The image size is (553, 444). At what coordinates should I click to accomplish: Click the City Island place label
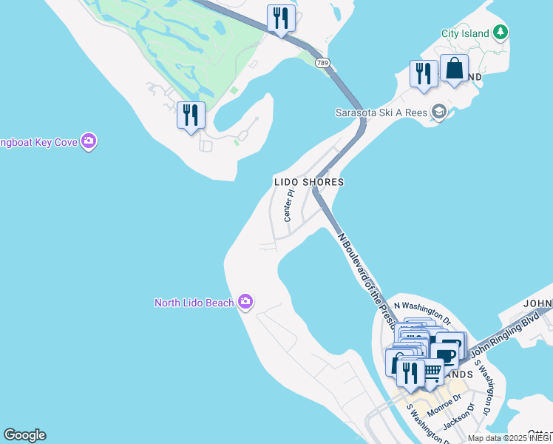pyautogui.click(x=465, y=33)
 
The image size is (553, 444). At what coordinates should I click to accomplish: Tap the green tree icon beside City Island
pyautogui.click(x=501, y=32)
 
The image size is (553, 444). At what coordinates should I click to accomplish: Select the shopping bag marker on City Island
pyautogui.click(x=454, y=70)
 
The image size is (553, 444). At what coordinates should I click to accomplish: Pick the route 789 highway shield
pyautogui.click(x=322, y=63)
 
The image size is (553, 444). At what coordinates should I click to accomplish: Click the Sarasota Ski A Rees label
pyautogui.click(x=381, y=112)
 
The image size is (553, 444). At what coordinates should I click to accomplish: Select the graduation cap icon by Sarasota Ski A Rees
pyautogui.click(x=440, y=112)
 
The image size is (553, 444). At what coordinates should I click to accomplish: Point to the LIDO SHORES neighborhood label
pyautogui.click(x=308, y=181)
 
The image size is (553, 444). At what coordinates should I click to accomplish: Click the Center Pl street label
pyautogui.click(x=289, y=205)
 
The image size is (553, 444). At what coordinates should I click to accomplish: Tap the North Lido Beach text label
pyautogui.click(x=194, y=302)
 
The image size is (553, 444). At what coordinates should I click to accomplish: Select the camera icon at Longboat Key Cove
pyautogui.click(x=89, y=141)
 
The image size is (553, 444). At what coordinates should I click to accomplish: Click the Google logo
pyautogui.click(x=24, y=435)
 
